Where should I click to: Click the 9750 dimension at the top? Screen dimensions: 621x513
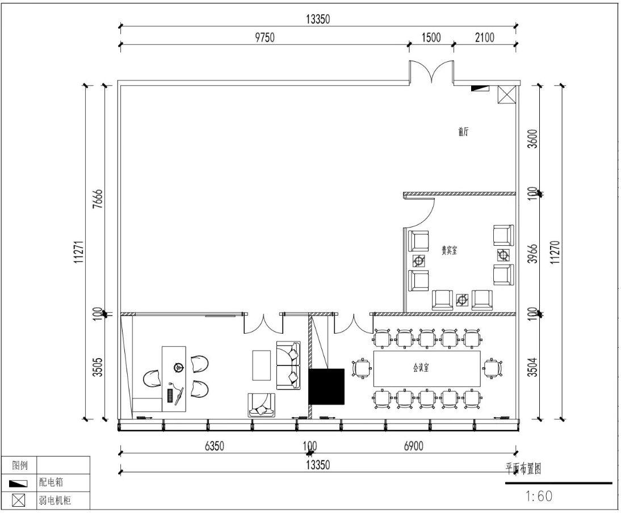(265, 37)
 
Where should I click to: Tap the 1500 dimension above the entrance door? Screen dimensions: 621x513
(431, 37)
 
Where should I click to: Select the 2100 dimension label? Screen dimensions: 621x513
(484, 37)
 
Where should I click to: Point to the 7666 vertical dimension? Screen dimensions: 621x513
(98, 199)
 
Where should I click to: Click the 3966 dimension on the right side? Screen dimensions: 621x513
(534, 253)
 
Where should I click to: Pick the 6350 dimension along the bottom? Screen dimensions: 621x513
(214, 446)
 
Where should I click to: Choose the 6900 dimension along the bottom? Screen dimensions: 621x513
(413, 446)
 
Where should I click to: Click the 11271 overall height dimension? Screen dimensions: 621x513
(79, 252)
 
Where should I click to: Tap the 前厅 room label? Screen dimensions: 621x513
(463, 132)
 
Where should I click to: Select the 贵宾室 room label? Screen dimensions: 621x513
(450, 250)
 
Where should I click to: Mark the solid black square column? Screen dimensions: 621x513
(326, 386)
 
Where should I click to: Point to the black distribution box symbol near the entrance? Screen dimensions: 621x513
(480, 88)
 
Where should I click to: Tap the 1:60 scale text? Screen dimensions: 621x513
(539, 495)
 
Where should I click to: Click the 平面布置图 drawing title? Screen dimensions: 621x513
(523, 469)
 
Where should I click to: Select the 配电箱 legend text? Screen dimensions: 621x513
(51, 482)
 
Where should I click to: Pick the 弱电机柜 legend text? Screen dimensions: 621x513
(55, 501)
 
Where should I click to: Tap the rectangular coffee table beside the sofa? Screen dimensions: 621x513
(262, 365)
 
